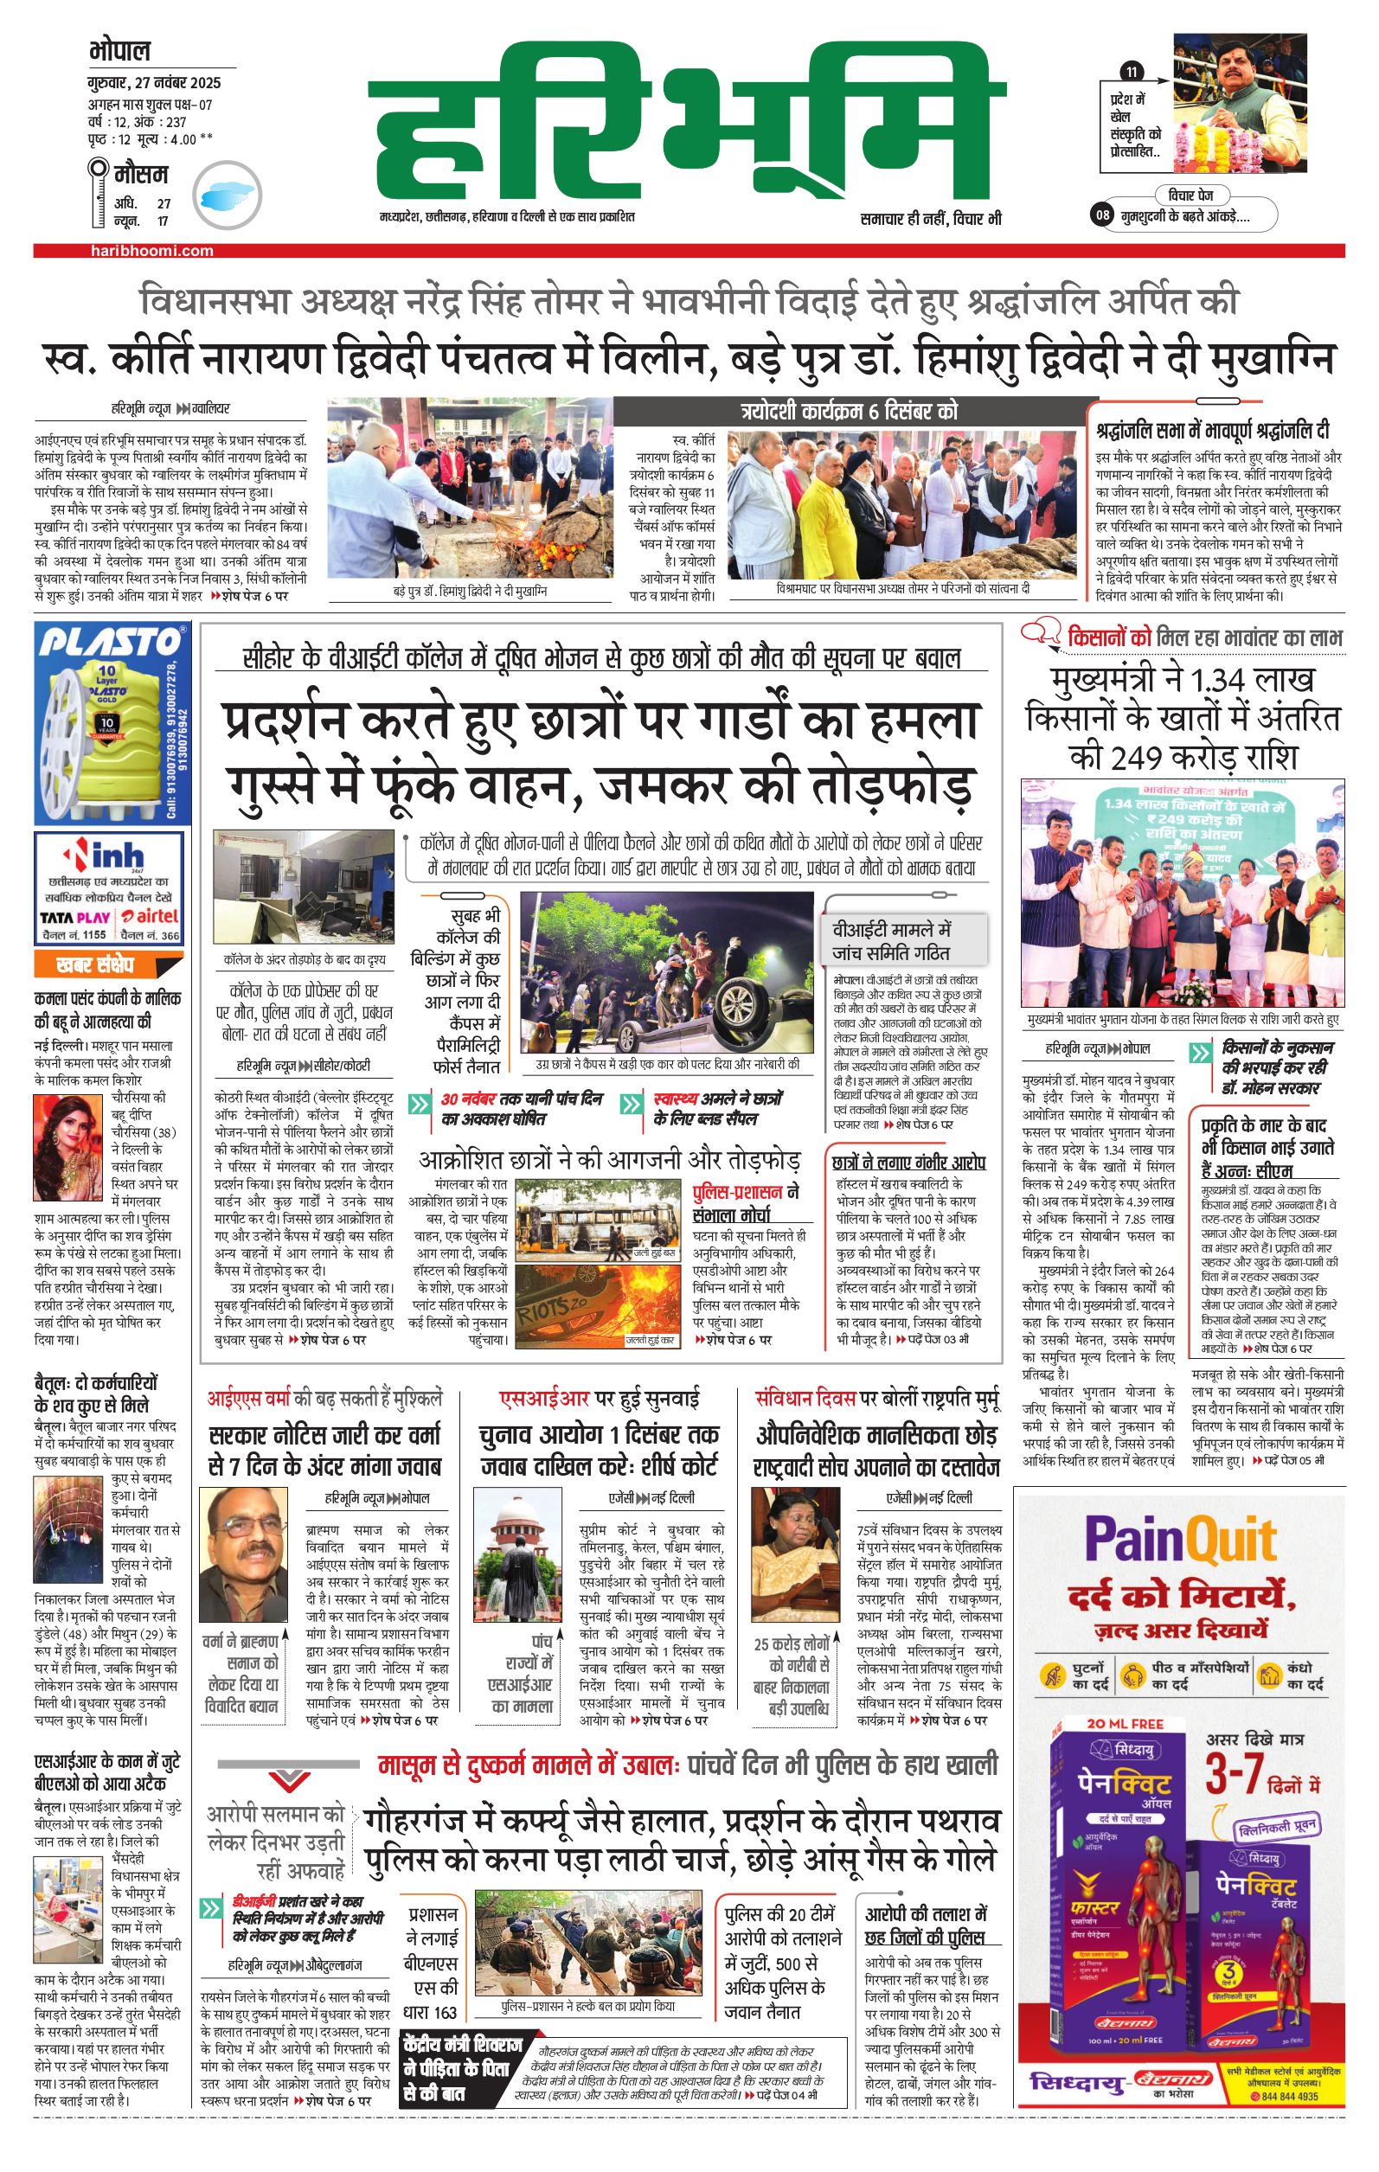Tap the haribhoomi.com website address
152,251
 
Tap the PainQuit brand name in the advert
1180,1540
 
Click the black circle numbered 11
1131,72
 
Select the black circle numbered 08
1102,215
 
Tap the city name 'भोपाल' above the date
119,50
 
